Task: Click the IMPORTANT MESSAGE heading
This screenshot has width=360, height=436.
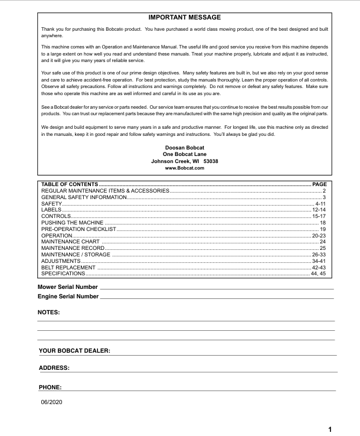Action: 185,18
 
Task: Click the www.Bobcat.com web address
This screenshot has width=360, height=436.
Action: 185,168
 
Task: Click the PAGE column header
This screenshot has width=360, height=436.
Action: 319,185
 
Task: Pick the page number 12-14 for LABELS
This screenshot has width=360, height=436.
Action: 319,210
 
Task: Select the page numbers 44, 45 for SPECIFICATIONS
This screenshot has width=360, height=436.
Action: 319,274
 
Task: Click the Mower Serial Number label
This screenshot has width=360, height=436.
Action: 68,287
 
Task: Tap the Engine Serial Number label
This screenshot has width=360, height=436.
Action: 68,295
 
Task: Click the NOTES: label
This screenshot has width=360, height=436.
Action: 49,311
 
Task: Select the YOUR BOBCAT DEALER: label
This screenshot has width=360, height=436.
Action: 74,351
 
